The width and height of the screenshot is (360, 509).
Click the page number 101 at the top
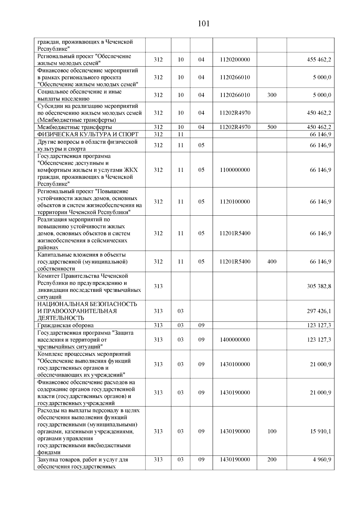tap(204, 23)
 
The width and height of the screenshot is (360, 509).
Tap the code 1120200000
tap(235, 60)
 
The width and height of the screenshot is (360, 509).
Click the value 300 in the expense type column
tap(271, 95)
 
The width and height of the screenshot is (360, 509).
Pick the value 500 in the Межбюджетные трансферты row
tap(271, 127)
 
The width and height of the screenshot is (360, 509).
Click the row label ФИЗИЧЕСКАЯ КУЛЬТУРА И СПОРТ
tap(88, 134)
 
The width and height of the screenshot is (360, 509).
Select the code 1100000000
tap(235, 170)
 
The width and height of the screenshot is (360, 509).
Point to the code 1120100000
tap(235, 202)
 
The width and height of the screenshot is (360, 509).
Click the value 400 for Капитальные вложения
tap(271, 262)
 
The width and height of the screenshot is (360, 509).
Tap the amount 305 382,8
tap(319, 286)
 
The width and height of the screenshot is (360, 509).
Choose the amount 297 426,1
tap(319, 311)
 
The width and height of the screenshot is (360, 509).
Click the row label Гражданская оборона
tap(65, 325)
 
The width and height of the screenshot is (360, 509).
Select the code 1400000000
tap(235, 340)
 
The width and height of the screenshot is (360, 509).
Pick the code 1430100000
tap(235, 364)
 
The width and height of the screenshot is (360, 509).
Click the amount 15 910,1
tap(320, 431)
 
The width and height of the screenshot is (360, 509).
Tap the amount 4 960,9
tap(322, 460)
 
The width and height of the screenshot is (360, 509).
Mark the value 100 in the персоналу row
tap(271, 431)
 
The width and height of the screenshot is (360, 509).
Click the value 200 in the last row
tap(271, 460)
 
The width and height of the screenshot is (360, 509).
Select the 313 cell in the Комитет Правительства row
tap(158, 286)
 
